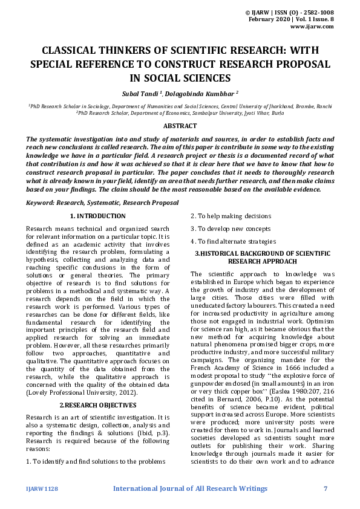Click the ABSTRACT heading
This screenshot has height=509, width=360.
click(x=180, y=126)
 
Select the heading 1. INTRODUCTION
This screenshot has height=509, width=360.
click(x=98, y=216)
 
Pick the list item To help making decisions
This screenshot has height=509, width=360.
click(x=231, y=216)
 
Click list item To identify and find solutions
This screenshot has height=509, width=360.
click(x=95, y=461)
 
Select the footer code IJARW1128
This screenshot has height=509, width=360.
click(x=42, y=488)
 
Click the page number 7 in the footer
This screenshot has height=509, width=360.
click(x=326, y=488)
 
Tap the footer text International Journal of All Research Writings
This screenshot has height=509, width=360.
click(x=190, y=488)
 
